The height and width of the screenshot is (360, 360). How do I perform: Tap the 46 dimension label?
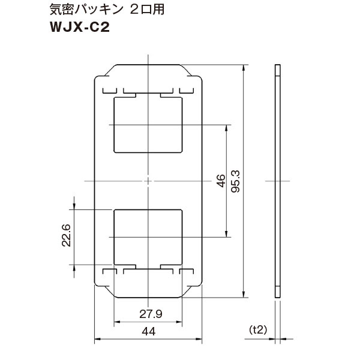point(220,181)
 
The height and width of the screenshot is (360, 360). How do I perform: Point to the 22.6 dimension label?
point(66,236)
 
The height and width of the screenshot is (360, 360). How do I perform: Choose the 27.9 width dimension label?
point(148,314)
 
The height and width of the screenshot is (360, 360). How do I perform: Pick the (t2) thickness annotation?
point(257,329)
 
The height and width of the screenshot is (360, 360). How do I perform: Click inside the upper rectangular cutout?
point(148,124)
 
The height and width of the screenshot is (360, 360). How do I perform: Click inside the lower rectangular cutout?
point(148,236)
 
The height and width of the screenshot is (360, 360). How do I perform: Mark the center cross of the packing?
point(148,181)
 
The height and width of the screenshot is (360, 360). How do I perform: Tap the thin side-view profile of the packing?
point(277,180)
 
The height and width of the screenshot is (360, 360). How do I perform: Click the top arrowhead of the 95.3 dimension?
point(244,67)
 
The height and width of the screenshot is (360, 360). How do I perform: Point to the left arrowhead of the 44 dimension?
point(97,340)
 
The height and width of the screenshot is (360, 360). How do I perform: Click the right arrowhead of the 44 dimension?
point(199,340)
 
